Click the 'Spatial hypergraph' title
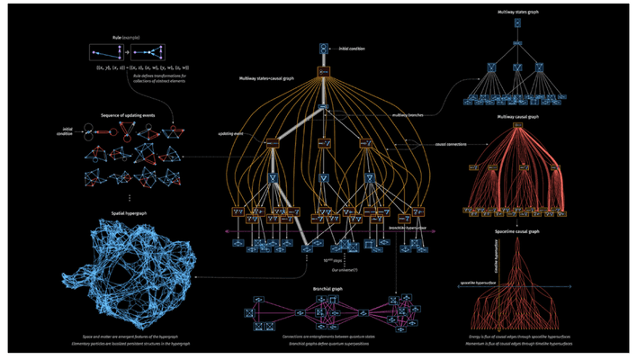click(x=130, y=211)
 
